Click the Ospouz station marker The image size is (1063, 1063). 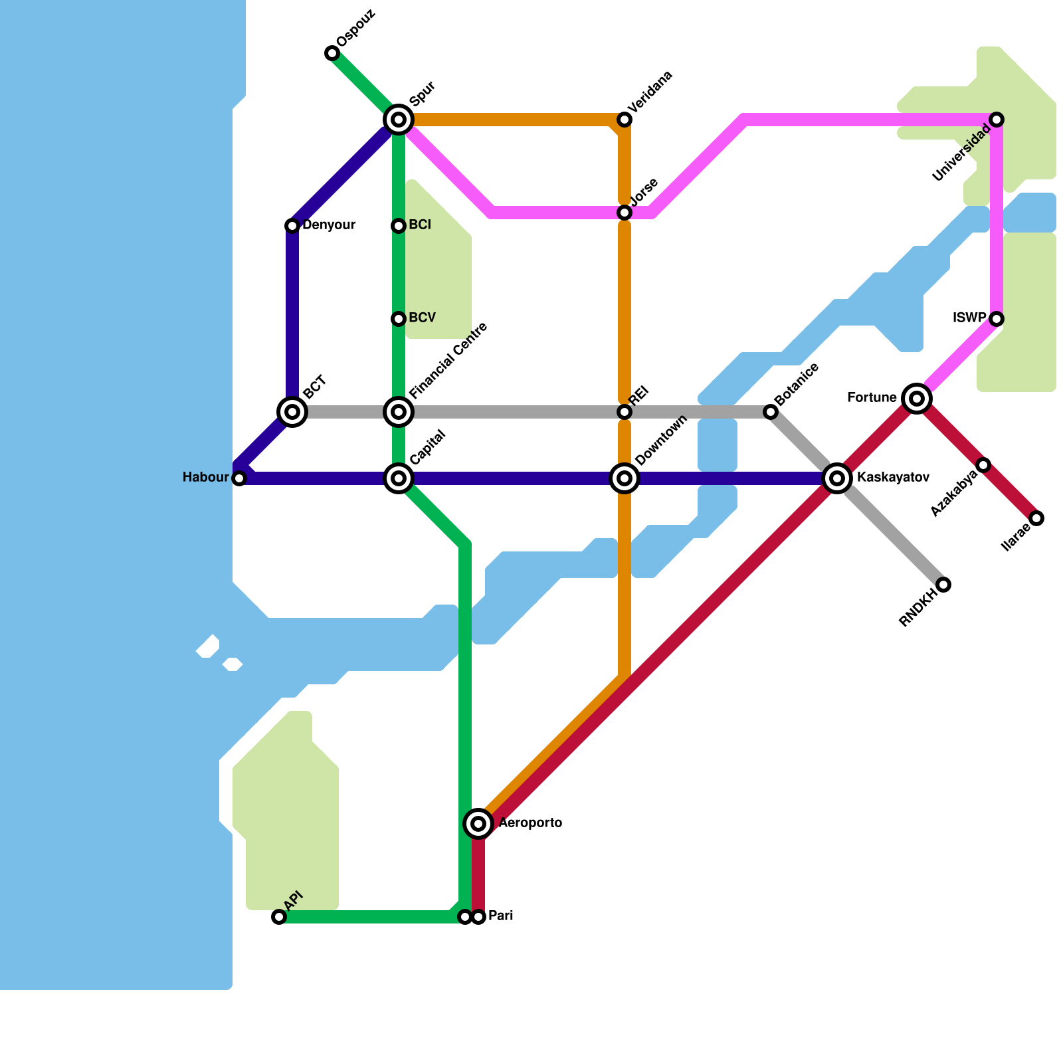(x=332, y=53)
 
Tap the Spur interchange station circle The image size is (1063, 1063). (x=399, y=120)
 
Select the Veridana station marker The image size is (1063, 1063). (x=625, y=120)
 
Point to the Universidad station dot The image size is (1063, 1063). (x=997, y=120)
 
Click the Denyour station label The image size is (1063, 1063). (x=329, y=225)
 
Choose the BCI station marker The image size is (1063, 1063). (x=399, y=226)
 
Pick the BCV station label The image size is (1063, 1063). (x=422, y=318)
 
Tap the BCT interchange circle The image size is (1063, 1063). (x=292, y=412)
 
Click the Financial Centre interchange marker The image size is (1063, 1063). (x=399, y=412)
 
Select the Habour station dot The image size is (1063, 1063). (x=239, y=478)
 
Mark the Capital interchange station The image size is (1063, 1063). (x=399, y=478)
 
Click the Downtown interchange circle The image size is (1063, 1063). (x=625, y=478)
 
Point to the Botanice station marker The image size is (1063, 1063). (x=771, y=412)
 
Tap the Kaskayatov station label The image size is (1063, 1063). (x=893, y=478)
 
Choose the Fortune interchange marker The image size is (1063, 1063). (x=917, y=399)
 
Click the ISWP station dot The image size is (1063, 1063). (x=997, y=319)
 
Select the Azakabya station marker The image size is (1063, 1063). (x=983, y=465)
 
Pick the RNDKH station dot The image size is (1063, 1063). (x=943, y=585)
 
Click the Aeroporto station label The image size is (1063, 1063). (x=530, y=823)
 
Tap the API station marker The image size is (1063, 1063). (x=279, y=917)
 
